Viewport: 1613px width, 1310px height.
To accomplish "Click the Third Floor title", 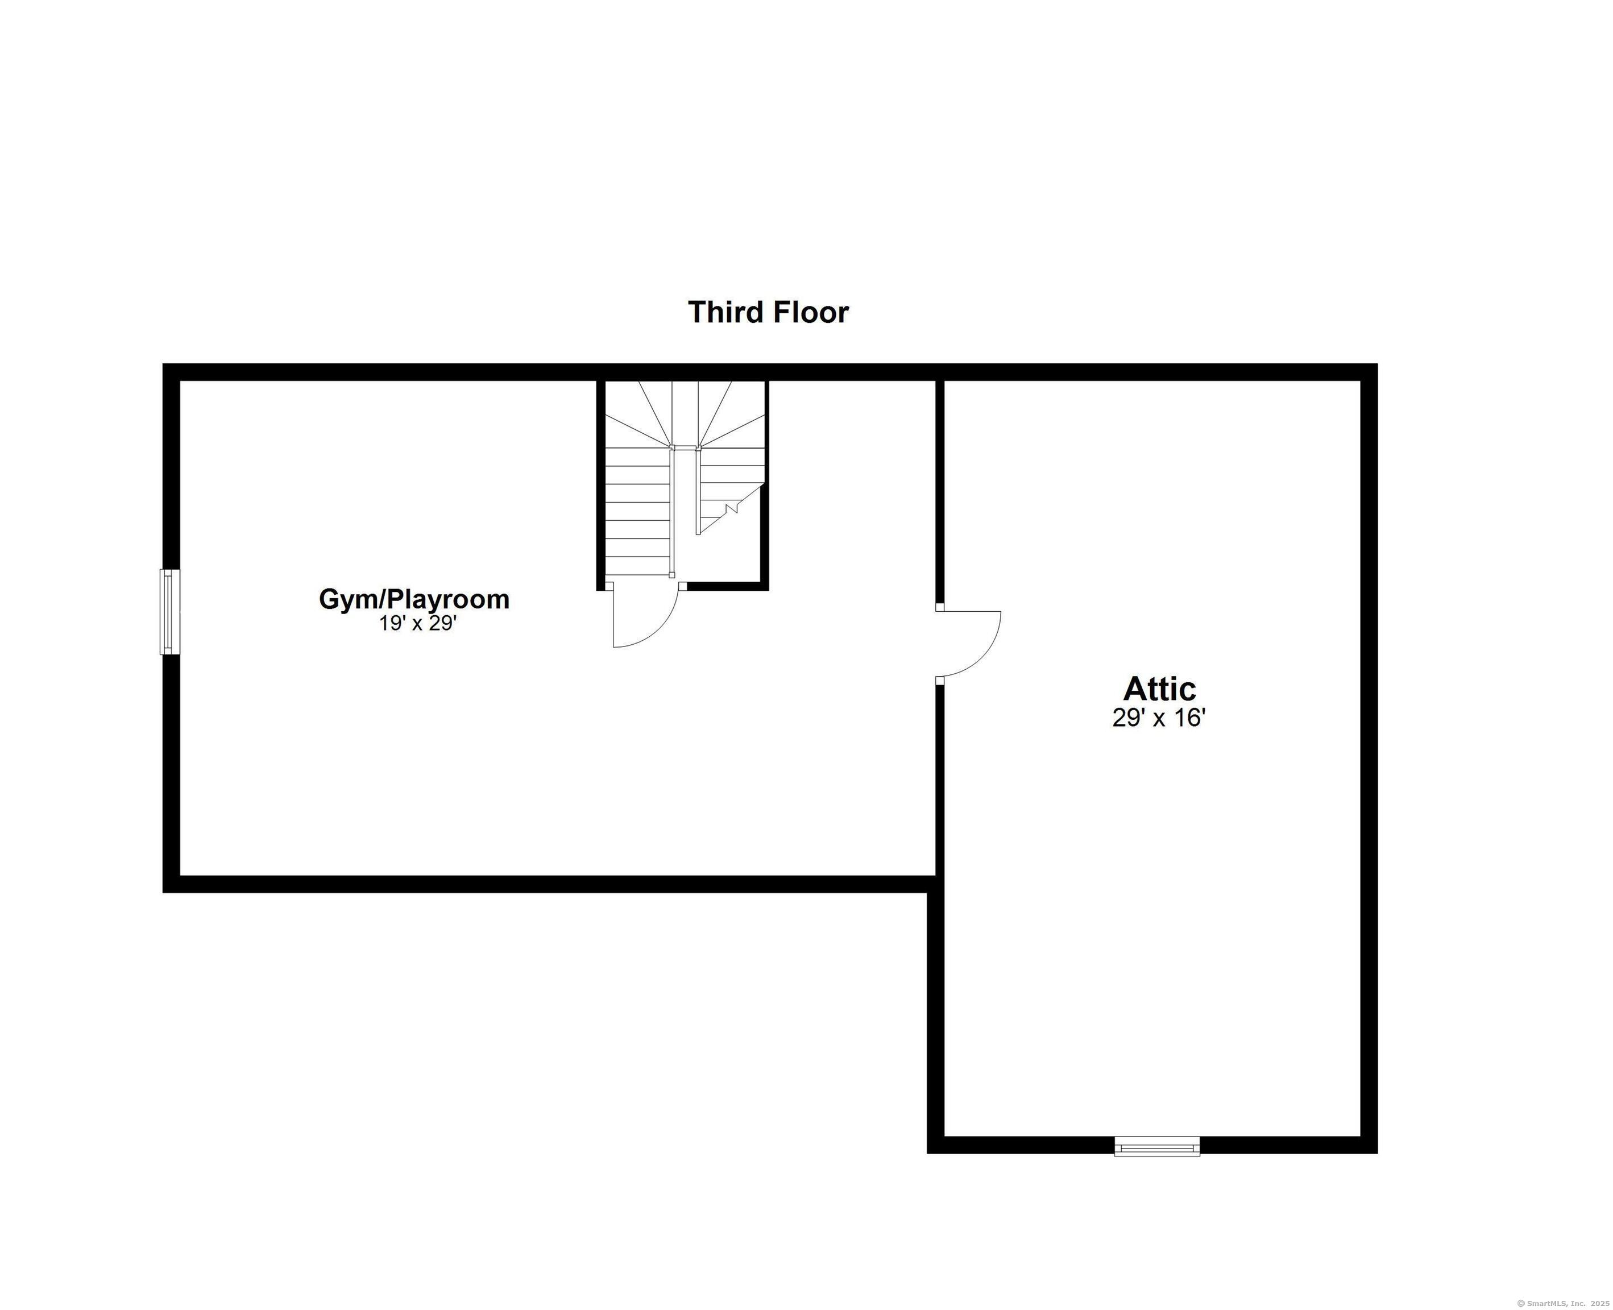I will pyautogui.click(x=768, y=312).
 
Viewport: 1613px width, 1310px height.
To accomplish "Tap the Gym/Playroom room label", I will pyautogui.click(x=414, y=599).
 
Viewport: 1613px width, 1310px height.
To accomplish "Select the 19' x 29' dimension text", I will pyautogui.click(x=418, y=623).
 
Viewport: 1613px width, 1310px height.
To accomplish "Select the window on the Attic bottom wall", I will pyautogui.click(x=1156, y=1147).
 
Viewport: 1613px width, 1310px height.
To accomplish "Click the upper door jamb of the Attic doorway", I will pyautogui.click(x=939, y=607).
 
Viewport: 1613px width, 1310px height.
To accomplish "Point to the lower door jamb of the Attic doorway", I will pyautogui.click(x=939, y=681).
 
